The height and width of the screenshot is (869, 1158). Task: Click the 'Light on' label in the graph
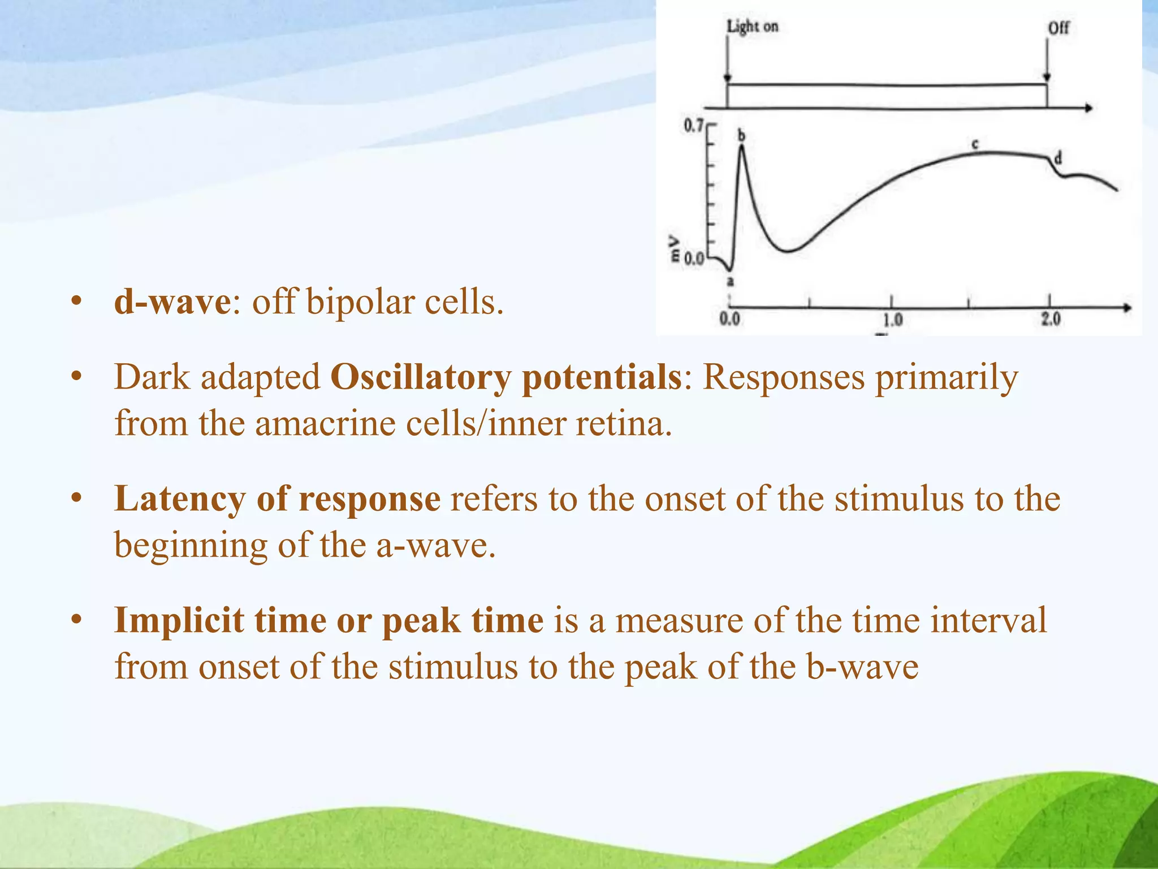pyautogui.click(x=752, y=26)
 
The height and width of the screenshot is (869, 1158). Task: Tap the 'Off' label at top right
pyautogui.click(x=1058, y=28)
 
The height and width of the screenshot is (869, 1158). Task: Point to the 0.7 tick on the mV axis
pyautogui.click(x=694, y=125)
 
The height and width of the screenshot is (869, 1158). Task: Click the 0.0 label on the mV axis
pyautogui.click(x=694, y=259)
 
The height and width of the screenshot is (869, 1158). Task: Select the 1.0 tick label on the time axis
pyautogui.click(x=892, y=320)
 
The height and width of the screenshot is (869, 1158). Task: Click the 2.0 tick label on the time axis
pyautogui.click(x=1051, y=319)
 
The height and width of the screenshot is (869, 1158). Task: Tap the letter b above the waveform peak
pyautogui.click(x=742, y=135)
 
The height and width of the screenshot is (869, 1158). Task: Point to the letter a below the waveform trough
pyautogui.click(x=730, y=281)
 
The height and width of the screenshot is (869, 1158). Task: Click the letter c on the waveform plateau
pyautogui.click(x=975, y=144)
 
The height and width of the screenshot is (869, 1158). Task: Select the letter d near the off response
pyautogui.click(x=1058, y=158)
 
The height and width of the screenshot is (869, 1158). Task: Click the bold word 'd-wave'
pyautogui.click(x=172, y=302)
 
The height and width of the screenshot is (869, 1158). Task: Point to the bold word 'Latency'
pyautogui.click(x=180, y=499)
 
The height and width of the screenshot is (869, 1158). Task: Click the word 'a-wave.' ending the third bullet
pyautogui.click(x=435, y=546)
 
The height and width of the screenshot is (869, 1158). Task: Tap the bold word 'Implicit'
pyautogui.click(x=179, y=621)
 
